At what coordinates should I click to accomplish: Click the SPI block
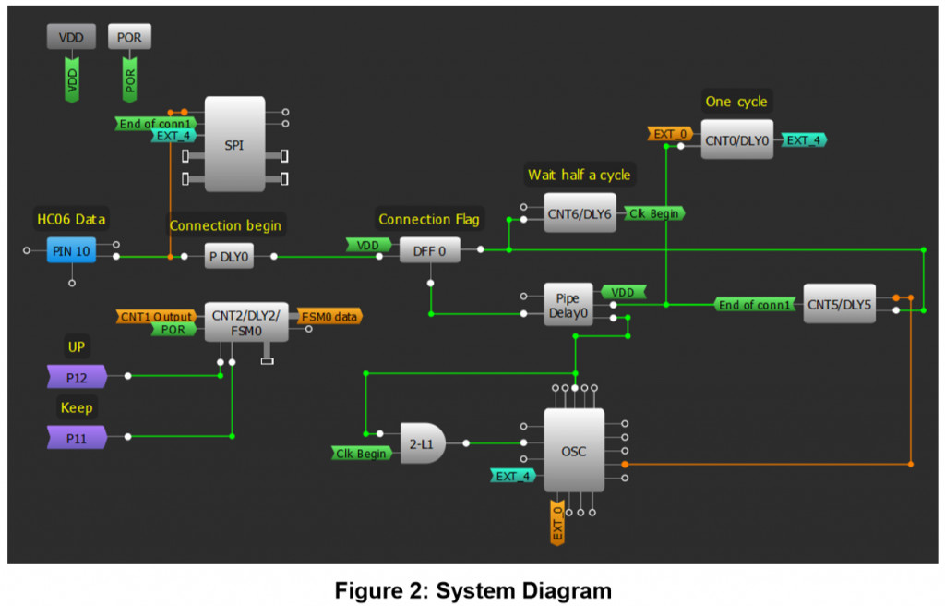(x=234, y=145)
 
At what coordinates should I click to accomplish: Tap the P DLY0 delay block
(x=228, y=257)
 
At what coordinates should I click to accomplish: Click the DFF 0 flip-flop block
(x=429, y=249)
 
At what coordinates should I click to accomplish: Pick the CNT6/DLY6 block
(x=579, y=213)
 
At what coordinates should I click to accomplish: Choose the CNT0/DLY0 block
(x=736, y=139)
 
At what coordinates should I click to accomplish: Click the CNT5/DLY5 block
(x=839, y=304)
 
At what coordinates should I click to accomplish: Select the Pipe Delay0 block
(x=567, y=305)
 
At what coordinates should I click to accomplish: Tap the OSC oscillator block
(x=573, y=451)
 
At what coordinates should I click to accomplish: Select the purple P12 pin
(x=77, y=376)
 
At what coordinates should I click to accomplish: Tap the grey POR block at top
(x=129, y=37)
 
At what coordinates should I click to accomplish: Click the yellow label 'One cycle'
(x=736, y=102)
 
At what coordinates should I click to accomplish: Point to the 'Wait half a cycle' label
(x=579, y=175)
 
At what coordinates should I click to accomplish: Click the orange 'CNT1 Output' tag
(x=156, y=317)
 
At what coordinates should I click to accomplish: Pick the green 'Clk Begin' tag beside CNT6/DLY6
(x=654, y=213)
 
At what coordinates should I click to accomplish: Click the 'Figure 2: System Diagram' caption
(x=472, y=589)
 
